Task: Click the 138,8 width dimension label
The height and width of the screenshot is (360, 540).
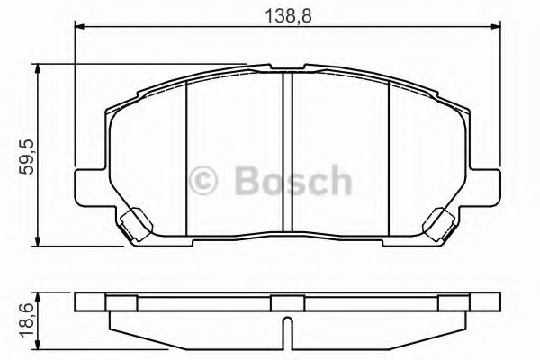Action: pyautogui.click(x=285, y=13)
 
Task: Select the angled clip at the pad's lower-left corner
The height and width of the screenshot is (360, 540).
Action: pyautogui.click(x=134, y=224)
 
